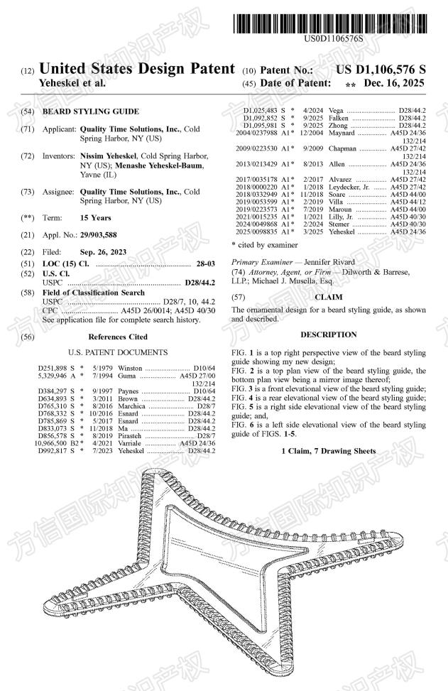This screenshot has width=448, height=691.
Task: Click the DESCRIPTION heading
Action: click(329, 334)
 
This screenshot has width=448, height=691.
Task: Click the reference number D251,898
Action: click(52, 368)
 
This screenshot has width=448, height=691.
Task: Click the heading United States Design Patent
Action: click(137, 70)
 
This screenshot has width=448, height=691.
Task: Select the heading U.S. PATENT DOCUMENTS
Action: click(118, 352)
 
